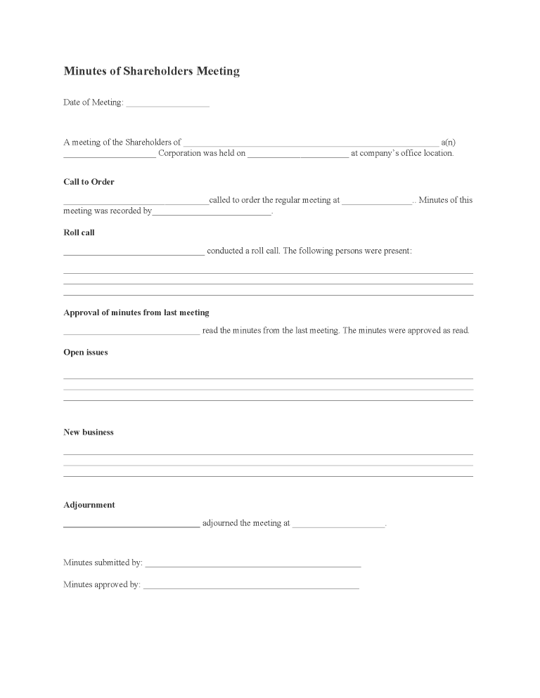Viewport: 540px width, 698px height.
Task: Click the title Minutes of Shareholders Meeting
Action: tap(151, 71)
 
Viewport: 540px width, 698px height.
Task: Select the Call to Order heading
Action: tap(89, 182)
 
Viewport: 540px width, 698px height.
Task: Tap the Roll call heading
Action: tap(79, 232)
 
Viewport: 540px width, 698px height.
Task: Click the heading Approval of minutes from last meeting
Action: tap(136, 312)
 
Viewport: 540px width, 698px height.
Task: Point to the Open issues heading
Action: tap(86, 353)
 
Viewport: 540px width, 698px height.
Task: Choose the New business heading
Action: tap(89, 433)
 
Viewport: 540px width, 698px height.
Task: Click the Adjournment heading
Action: tap(89, 505)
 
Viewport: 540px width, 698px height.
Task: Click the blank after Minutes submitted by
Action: tap(253, 564)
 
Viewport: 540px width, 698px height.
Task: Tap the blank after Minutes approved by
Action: tap(251, 586)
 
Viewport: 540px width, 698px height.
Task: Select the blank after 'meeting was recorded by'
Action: tap(212, 212)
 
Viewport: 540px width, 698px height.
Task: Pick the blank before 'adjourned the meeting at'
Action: tap(131, 525)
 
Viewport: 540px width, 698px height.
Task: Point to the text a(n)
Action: tap(449, 143)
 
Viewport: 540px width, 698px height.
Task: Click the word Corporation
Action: tap(179, 153)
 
